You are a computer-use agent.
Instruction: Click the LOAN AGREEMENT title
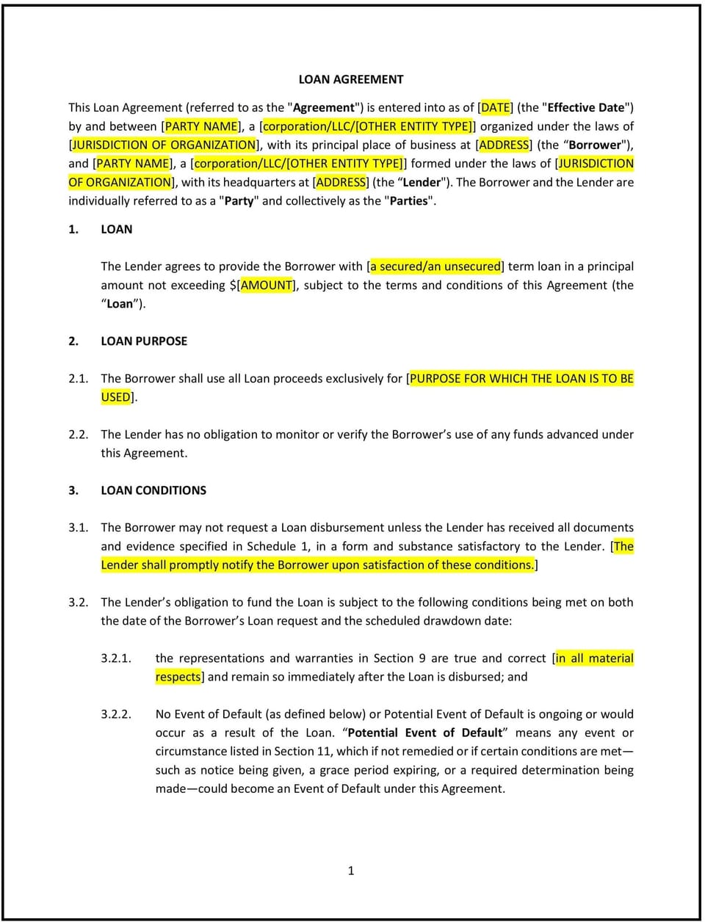(351, 79)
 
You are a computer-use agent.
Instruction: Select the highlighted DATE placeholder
(496, 107)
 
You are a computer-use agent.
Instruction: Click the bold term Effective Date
(586, 107)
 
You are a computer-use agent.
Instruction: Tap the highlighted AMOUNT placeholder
(267, 285)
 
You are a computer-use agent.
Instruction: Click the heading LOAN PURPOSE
(144, 341)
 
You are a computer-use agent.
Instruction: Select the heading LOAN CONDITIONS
(153, 490)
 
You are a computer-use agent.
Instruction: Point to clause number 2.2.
(79, 434)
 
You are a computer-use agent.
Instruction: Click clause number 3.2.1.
(116, 658)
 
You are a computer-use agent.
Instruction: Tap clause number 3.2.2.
(116, 714)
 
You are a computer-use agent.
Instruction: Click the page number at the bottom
(351, 871)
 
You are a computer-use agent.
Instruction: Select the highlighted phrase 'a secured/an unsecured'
(436, 266)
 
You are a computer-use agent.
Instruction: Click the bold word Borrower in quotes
(594, 145)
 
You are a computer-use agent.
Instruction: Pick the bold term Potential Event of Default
(425, 733)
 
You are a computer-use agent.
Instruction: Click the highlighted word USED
(116, 396)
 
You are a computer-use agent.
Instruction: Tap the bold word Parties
(410, 200)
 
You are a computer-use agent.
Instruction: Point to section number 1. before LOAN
(73, 229)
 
